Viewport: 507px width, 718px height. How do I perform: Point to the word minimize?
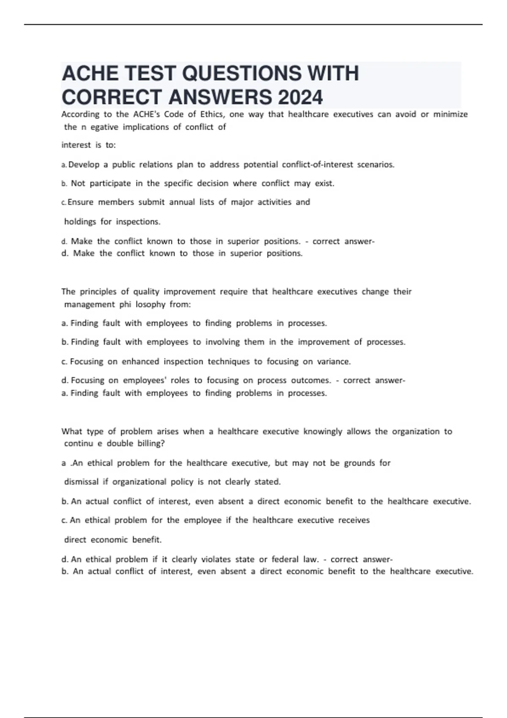[x=450, y=114]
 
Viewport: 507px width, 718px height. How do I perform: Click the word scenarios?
[x=376, y=165]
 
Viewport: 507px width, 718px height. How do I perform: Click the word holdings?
[x=80, y=222]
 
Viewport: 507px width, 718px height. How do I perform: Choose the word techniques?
[x=229, y=362]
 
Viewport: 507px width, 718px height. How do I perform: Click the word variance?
[x=334, y=362]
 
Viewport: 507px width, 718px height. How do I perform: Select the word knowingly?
[x=322, y=431]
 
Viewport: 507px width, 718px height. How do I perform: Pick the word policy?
[x=182, y=482]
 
